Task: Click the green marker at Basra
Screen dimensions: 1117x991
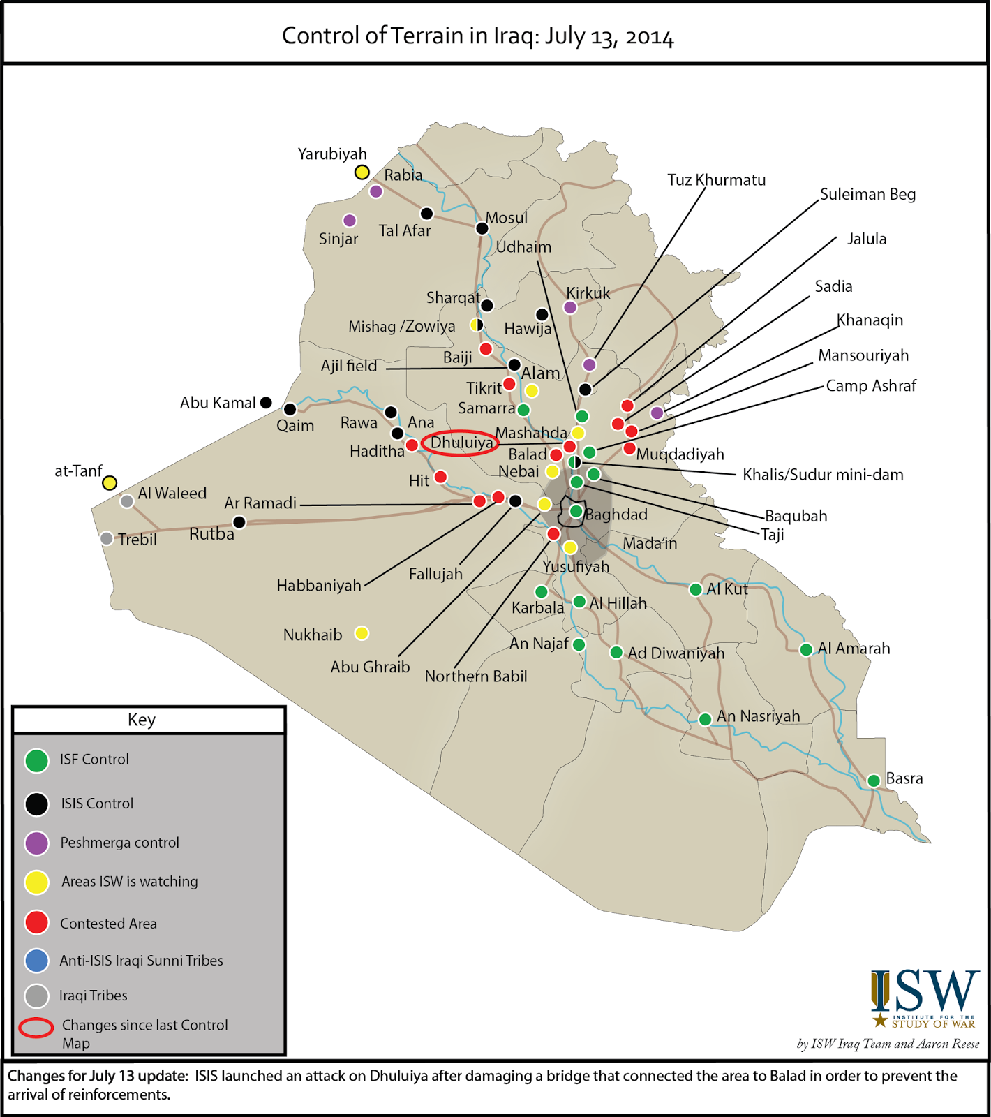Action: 873,781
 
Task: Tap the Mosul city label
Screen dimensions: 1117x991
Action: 507,218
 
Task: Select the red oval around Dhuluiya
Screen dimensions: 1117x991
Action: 461,443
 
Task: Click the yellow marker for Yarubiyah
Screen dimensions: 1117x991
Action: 362,172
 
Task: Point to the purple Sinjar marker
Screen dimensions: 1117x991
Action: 350,221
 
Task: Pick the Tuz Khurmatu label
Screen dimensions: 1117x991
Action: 716,180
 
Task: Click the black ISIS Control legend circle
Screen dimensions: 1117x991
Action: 36,804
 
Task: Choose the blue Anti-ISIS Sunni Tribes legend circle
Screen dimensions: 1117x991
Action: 36,961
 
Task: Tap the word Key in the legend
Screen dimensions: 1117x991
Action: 142,720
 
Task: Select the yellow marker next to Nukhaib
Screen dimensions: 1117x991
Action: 362,633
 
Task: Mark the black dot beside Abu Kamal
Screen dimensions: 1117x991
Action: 266,402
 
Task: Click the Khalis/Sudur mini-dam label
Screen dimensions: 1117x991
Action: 823,475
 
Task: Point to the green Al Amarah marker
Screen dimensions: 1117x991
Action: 806,650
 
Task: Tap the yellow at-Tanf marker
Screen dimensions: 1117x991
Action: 110,482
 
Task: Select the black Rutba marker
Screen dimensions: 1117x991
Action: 239,522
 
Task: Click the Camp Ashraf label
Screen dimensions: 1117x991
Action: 871,386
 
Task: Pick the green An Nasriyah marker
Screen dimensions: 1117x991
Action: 705,719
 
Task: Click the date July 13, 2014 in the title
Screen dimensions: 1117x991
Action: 609,36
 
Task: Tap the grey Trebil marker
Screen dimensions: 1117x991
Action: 106,538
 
